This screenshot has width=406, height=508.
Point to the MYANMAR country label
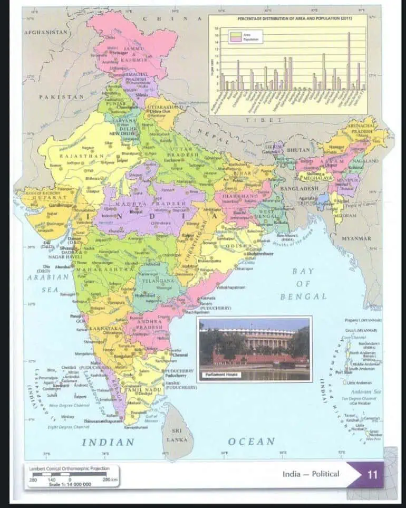pyautogui.click(x=356, y=238)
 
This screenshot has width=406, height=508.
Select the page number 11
pyautogui.click(x=372, y=474)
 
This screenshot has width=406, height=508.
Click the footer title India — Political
pyautogui.click(x=311, y=474)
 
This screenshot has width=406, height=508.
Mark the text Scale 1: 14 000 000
pyautogui.click(x=70, y=484)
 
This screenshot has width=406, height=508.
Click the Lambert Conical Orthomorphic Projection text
pyautogui.click(x=72, y=468)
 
